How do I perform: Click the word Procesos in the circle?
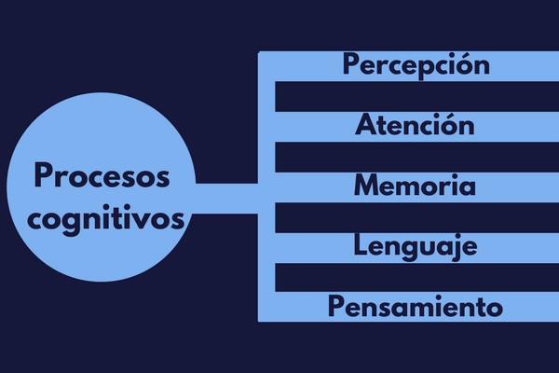[102, 175]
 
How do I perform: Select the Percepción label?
[416, 65]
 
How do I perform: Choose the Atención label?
[415, 124]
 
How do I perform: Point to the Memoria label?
[415, 185]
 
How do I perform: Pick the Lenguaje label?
[416, 247]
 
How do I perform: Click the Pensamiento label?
[416, 306]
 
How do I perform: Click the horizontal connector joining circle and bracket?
[226, 199]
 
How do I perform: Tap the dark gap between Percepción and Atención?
[416, 96]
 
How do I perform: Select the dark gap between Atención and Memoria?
[416, 157]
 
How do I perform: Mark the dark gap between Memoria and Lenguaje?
[416, 217]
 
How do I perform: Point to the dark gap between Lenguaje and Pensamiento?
[416, 278]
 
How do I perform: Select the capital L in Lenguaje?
[361, 245]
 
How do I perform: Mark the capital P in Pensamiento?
[336, 306]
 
